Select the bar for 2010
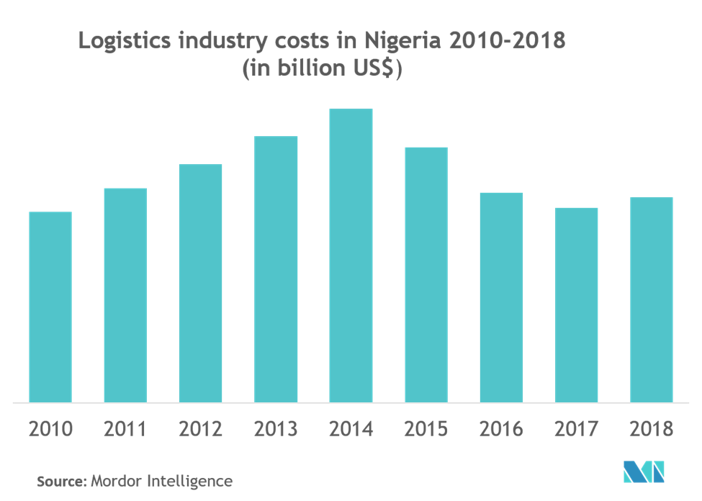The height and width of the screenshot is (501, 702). (x=50, y=307)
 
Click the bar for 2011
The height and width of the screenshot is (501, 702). (x=125, y=294)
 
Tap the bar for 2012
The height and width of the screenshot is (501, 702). (x=200, y=282)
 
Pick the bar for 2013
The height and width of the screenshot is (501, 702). (x=276, y=268)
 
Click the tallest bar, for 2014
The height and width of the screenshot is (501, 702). (x=351, y=255)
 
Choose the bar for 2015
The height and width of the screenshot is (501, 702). (x=426, y=274)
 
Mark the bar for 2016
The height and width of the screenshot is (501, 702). (x=501, y=297)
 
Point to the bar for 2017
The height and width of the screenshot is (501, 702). (x=576, y=304)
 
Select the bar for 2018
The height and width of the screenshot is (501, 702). (x=652, y=299)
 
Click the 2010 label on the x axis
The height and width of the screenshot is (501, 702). (x=50, y=430)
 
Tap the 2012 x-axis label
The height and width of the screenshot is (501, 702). (x=200, y=430)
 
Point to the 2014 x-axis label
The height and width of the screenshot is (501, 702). (x=351, y=430)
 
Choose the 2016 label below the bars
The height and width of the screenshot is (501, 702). (x=501, y=430)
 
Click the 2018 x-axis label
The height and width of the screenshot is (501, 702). (x=652, y=430)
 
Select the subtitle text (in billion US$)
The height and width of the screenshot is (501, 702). (x=322, y=71)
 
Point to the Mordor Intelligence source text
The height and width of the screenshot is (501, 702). (x=161, y=481)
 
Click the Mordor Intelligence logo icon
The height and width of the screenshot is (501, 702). (x=644, y=472)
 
